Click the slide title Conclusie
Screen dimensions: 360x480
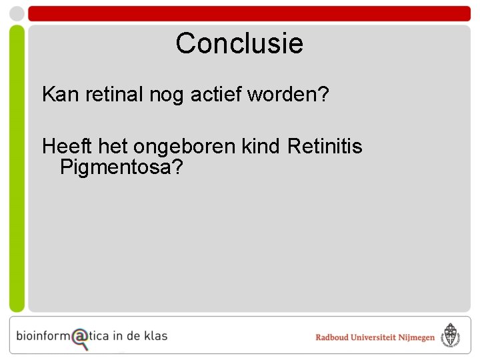click(239, 43)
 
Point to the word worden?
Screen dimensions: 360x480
click(288, 95)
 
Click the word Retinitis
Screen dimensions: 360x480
click(325, 146)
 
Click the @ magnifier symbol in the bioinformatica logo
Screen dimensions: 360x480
click(80, 338)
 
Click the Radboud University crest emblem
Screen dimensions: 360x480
click(451, 336)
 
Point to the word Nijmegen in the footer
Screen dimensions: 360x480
click(417, 338)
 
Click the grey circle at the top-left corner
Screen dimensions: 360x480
click(16, 13)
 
